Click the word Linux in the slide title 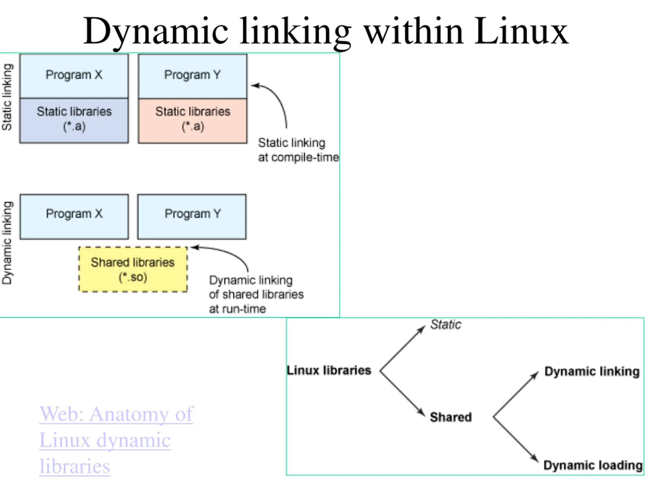click(x=521, y=31)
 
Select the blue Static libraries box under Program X click(x=74, y=120)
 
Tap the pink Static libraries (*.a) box click(x=193, y=121)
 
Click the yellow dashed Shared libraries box click(x=133, y=269)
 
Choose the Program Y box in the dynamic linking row click(x=192, y=216)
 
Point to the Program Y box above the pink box click(x=193, y=76)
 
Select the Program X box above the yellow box click(x=74, y=216)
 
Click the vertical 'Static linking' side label click(x=7, y=97)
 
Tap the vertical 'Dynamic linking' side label click(x=7, y=243)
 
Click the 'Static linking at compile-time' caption click(x=298, y=150)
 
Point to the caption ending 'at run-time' click(x=256, y=295)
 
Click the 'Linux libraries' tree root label click(x=329, y=370)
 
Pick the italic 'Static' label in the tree click(x=445, y=324)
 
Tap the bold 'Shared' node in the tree click(x=451, y=417)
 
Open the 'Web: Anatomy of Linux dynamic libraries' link click(x=116, y=440)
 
